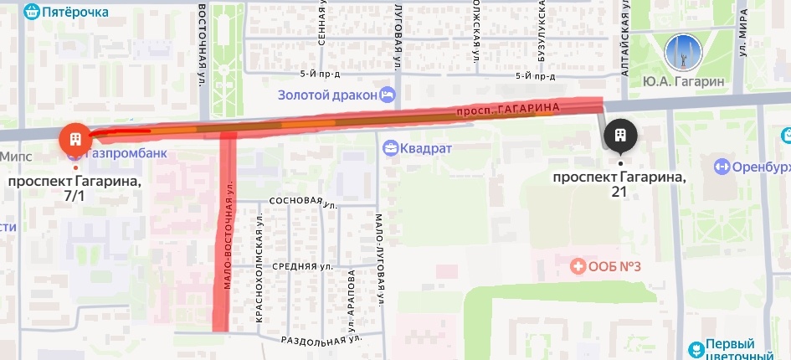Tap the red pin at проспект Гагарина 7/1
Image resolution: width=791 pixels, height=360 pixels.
tap(74, 138)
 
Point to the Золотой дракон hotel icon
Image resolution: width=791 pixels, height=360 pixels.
tap(386, 95)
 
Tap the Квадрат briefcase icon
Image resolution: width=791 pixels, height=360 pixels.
tap(390, 149)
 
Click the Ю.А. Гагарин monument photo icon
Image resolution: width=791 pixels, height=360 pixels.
tap(681, 52)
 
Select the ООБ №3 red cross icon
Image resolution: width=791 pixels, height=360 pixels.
tap(578, 267)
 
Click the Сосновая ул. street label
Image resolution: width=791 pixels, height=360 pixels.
tap(293, 202)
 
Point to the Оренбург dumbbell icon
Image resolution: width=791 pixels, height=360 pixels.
tap(722, 166)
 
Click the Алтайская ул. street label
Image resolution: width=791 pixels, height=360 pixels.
tap(624, 42)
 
